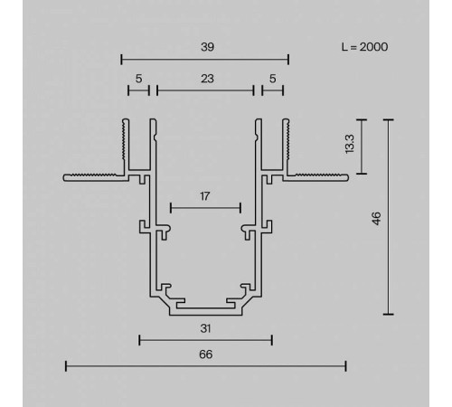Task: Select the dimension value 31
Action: (x=205, y=329)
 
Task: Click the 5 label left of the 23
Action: (x=138, y=79)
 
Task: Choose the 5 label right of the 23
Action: (x=272, y=79)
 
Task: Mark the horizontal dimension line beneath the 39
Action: (x=205, y=60)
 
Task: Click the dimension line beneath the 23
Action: (x=205, y=90)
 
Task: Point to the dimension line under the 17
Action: (x=205, y=207)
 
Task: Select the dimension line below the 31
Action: (x=205, y=341)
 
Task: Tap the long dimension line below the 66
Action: (x=205, y=366)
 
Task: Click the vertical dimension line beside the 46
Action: (x=388, y=217)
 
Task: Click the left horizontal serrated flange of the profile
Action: (x=95, y=175)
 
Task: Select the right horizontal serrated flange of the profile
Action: (x=316, y=175)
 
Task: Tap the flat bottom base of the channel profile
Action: (x=205, y=312)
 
